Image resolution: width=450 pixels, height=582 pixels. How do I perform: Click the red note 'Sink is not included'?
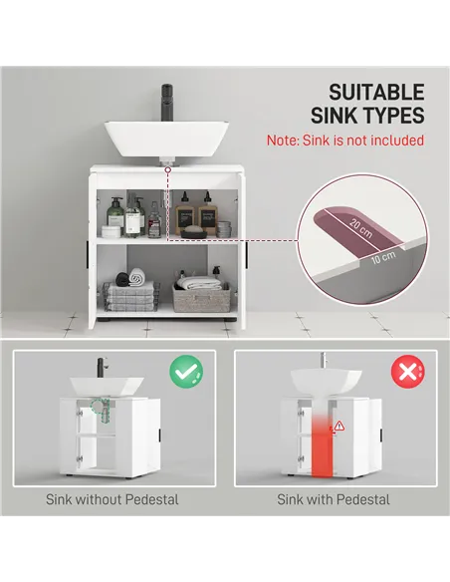[344, 141]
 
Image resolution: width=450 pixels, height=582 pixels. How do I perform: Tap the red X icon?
[406, 374]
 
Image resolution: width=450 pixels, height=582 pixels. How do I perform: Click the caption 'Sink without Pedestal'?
[112, 499]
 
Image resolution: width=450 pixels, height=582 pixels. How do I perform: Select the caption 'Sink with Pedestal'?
[334, 499]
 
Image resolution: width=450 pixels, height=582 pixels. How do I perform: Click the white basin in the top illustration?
[167, 139]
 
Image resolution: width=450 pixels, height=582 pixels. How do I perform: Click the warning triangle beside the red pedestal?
[338, 426]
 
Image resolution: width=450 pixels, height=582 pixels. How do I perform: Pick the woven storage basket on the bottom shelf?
[201, 296]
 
